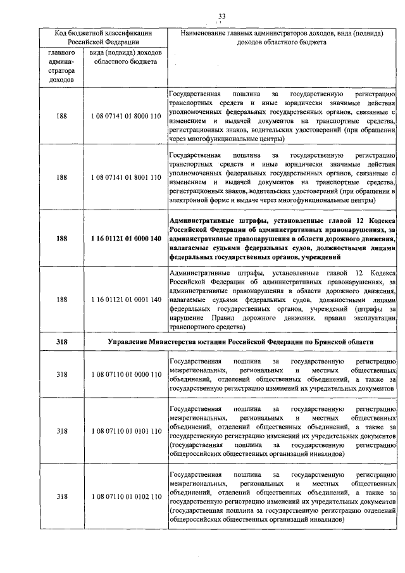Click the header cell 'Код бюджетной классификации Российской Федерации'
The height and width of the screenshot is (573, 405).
point(102,37)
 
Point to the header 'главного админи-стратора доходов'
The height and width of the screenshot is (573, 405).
point(61,66)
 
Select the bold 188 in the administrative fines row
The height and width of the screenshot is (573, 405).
point(61,238)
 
